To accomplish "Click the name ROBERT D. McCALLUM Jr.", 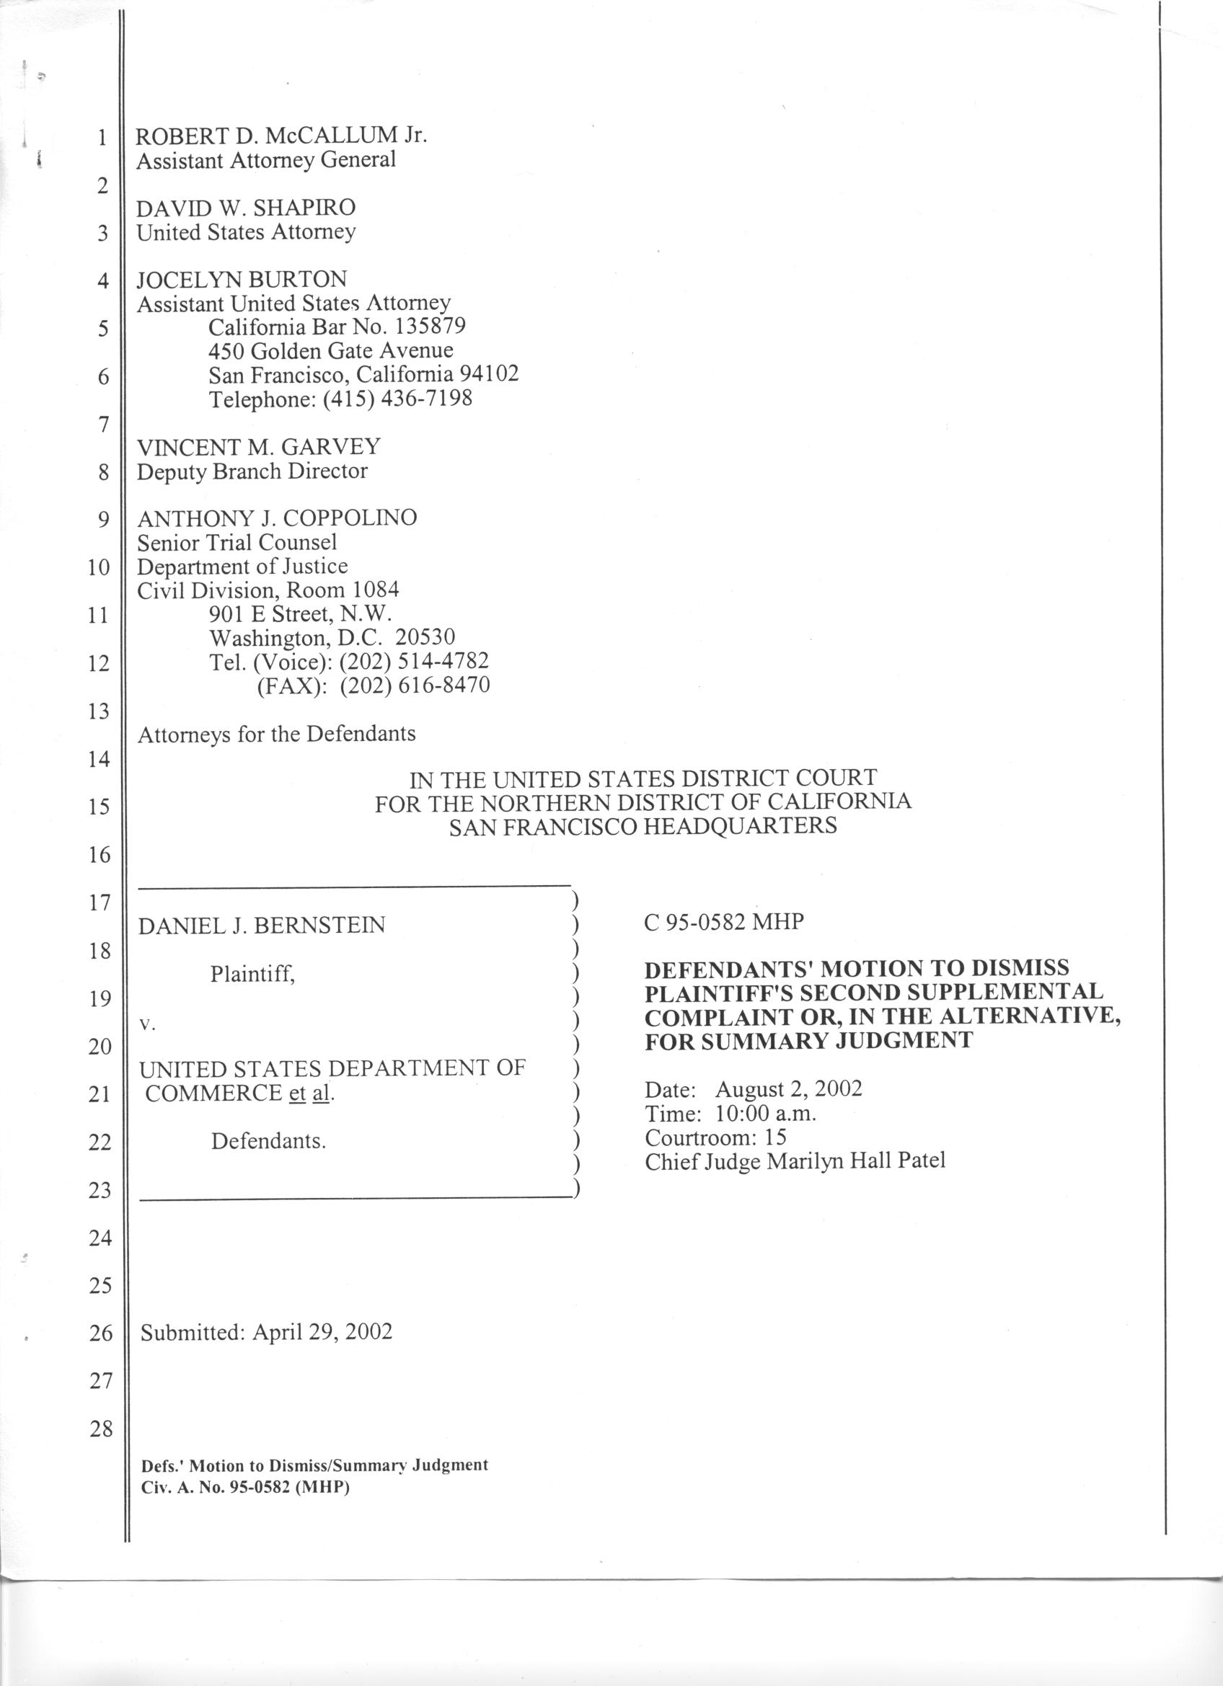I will click(x=281, y=136).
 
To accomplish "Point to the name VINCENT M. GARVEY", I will click(x=259, y=447).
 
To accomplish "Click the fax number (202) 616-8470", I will click(x=415, y=686).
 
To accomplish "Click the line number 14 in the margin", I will click(x=100, y=759).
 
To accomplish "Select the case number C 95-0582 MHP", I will click(x=724, y=923).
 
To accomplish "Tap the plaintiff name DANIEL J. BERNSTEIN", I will click(x=262, y=926).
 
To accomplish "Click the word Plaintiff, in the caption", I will click(x=253, y=973).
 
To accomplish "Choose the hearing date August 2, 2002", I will click(x=788, y=1090).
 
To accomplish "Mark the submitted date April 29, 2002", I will click(x=322, y=1331).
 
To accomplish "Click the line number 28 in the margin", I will click(x=100, y=1428).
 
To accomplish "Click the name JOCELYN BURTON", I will click(x=242, y=280).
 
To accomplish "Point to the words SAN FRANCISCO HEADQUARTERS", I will click(x=643, y=826).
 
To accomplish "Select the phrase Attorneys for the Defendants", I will click(x=277, y=735).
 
